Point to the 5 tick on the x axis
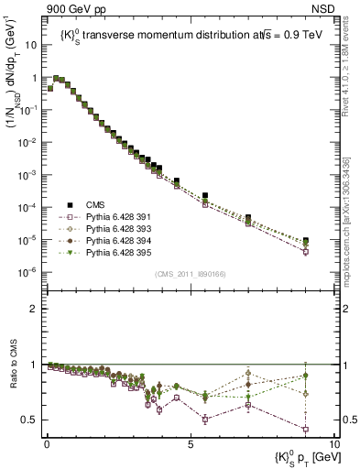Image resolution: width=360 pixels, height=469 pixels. (x=190, y=442)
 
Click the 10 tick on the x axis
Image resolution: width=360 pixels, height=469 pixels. (x=333, y=442)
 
